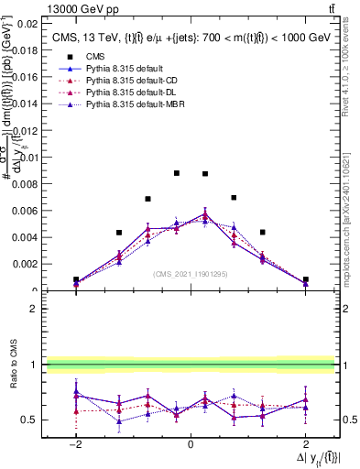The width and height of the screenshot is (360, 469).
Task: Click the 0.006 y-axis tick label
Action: pos(26,211)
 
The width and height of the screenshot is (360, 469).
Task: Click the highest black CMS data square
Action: pos(177,173)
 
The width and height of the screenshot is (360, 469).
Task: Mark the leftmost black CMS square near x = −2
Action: pos(76,280)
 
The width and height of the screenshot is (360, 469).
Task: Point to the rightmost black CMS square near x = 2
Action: pos(305,279)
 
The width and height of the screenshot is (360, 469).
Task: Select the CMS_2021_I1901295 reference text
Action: pos(190,273)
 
